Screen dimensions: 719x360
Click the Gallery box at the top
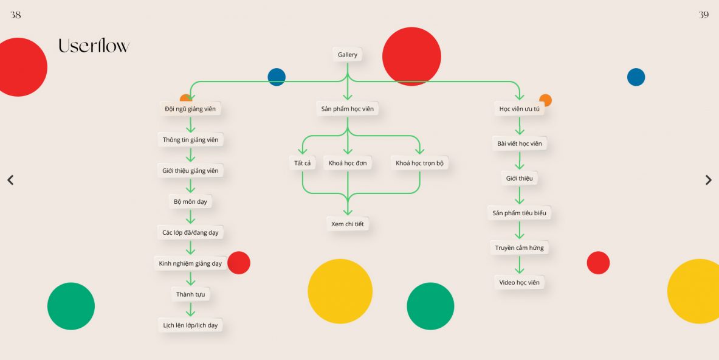click(347, 55)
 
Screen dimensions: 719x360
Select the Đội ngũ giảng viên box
click(190, 109)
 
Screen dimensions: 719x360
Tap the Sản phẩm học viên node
click(347, 109)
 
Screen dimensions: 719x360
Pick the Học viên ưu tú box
click(519, 109)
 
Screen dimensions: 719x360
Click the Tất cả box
click(302, 163)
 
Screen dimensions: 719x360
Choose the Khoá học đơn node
click(347, 163)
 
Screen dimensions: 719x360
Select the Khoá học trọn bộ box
click(419, 163)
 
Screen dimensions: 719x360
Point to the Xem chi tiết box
click(347, 224)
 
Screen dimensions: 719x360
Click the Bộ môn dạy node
click(190, 201)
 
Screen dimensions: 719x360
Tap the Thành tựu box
click(190, 294)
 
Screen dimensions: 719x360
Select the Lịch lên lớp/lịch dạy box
click(190, 325)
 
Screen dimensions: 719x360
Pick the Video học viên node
click(519, 282)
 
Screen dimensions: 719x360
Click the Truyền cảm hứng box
click(519, 247)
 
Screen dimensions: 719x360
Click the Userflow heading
click(94, 46)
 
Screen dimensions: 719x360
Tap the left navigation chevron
click(10, 180)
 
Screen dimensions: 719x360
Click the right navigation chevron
click(709, 180)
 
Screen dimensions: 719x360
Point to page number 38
click(15, 15)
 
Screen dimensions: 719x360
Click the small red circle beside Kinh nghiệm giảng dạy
click(239, 263)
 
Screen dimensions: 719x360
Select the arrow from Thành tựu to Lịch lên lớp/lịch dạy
click(190, 309)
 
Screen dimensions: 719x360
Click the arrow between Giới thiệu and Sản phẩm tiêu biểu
click(519, 195)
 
